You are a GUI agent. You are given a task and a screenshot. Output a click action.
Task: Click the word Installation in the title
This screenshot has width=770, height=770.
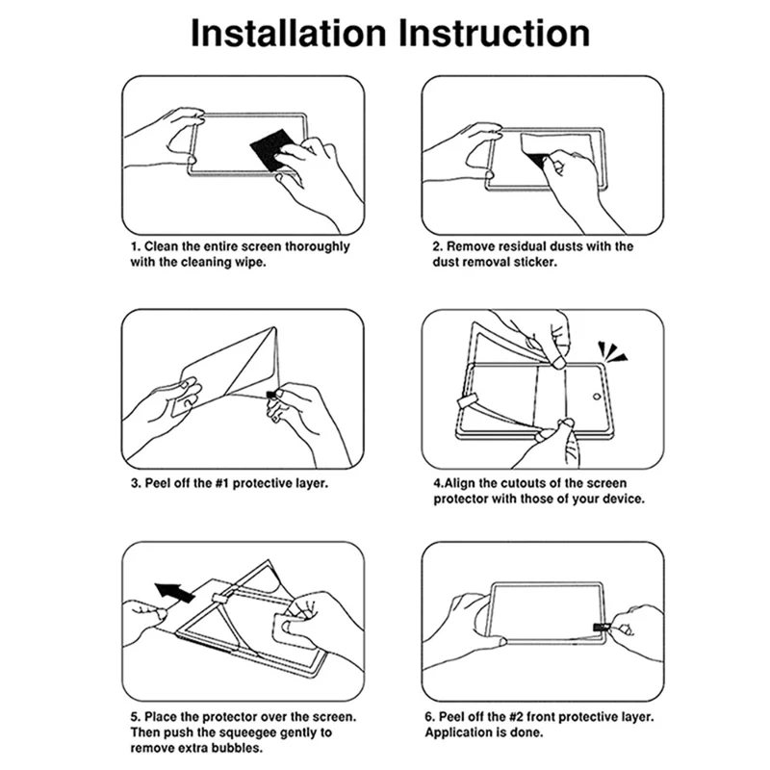[x=289, y=34]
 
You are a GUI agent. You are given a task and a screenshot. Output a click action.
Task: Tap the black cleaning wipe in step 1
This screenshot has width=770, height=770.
[x=270, y=150]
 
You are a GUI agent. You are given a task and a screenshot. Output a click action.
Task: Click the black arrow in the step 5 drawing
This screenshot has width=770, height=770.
[x=175, y=592]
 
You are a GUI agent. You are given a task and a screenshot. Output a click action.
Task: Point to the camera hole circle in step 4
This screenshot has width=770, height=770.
[x=597, y=397]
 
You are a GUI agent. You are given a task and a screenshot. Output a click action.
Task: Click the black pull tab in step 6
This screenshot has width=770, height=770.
[x=600, y=628]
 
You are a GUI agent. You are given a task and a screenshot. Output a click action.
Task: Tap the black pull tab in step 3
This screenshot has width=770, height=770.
[x=270, y=395]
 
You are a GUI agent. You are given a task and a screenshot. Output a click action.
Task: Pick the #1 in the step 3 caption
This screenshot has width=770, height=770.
[x=222, y=483]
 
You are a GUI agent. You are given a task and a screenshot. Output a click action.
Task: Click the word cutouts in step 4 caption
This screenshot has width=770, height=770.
[x=529, y=483]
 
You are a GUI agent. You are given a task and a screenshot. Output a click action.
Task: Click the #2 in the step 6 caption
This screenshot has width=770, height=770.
[x=516, y=717]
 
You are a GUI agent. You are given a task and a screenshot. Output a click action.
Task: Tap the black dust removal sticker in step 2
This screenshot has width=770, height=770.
[x=537, y=161]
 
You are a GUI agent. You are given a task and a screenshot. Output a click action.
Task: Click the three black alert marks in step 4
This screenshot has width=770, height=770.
[x=612, y=352]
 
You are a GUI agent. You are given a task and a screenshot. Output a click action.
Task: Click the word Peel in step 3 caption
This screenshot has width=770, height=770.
[x=156, y=483]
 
